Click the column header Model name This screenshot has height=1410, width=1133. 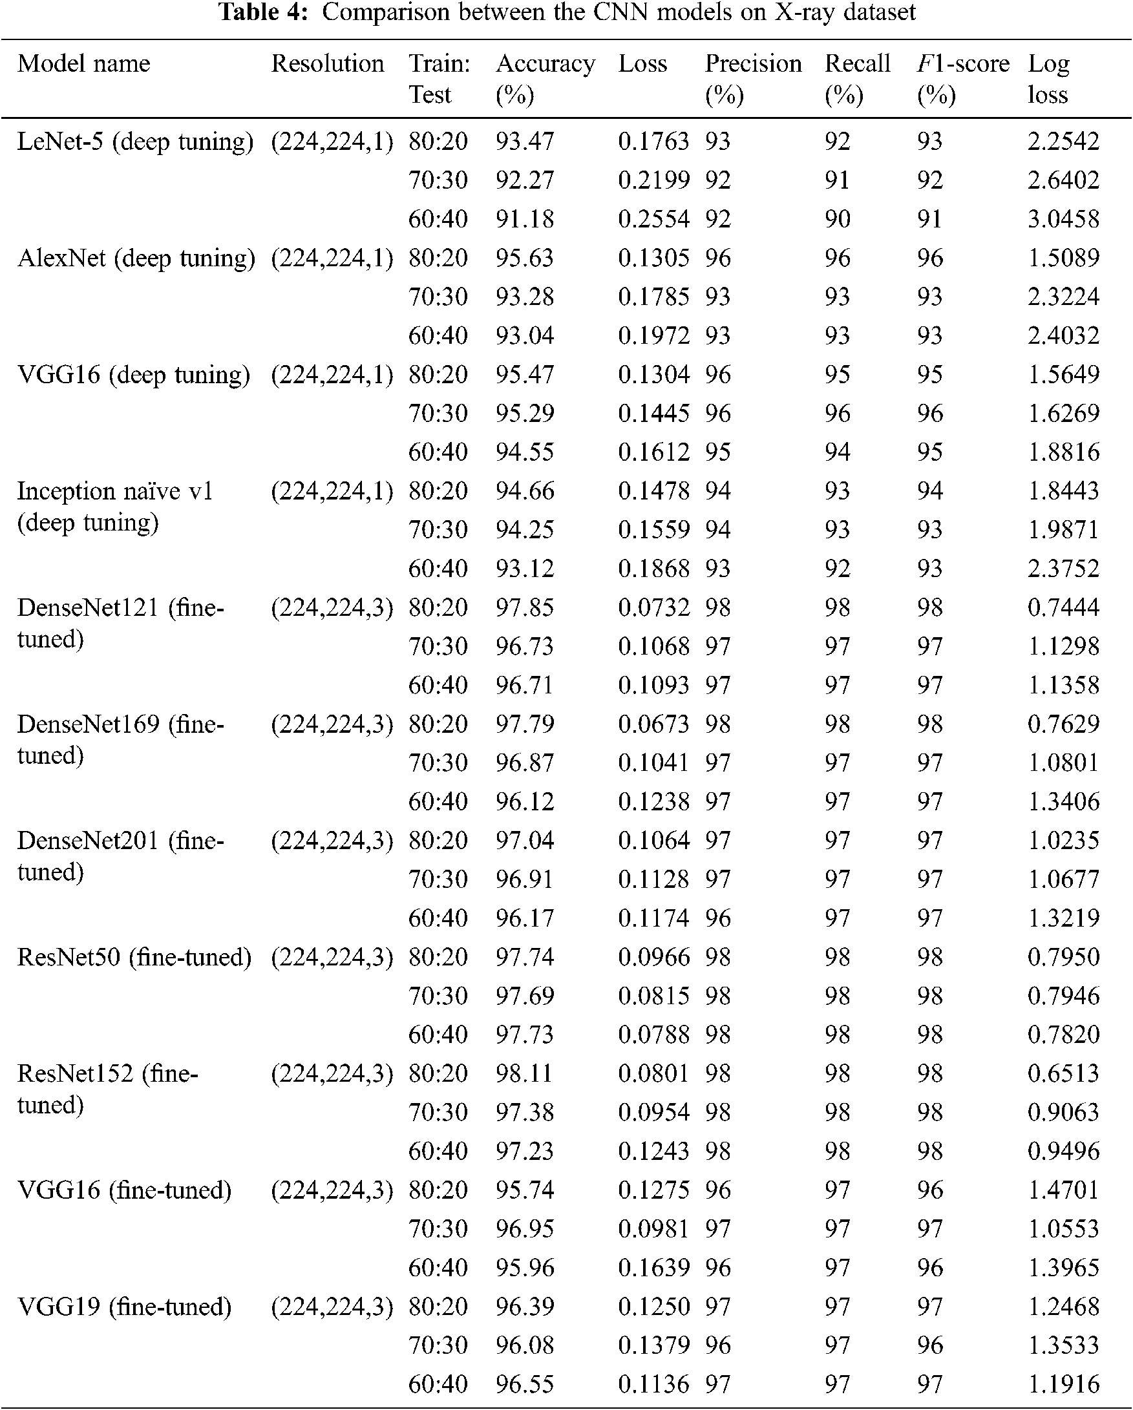tap(84, 64)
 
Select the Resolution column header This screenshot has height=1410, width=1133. tap(328, 64)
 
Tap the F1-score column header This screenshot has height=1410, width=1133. tap(963, 64)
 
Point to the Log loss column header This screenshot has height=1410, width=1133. tap(1048, 79)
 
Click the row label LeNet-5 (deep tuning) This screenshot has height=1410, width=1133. tap(134, 142)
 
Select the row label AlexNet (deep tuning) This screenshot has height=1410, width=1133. tap(136, 258)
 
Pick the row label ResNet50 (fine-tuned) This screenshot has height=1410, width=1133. tap(134, 958)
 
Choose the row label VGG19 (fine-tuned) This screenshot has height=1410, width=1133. tap(124, 1307)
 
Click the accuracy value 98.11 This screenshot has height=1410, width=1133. tap(525, 1074)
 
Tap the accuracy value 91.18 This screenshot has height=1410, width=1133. tap(525, 219)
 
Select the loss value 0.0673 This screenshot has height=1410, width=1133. tap(653, 724)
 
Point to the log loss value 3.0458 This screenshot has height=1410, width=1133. tap(1064, 219)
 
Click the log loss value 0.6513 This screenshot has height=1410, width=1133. tap(1064, 1074)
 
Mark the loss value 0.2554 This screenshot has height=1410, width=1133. tap(653, 219)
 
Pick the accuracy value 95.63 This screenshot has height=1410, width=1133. tap(525, 258)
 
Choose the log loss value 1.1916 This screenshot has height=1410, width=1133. tap(1064, 1384)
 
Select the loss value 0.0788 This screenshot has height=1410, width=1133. tap(653, 1035)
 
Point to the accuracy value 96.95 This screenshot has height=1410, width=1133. tap(525, 1229)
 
